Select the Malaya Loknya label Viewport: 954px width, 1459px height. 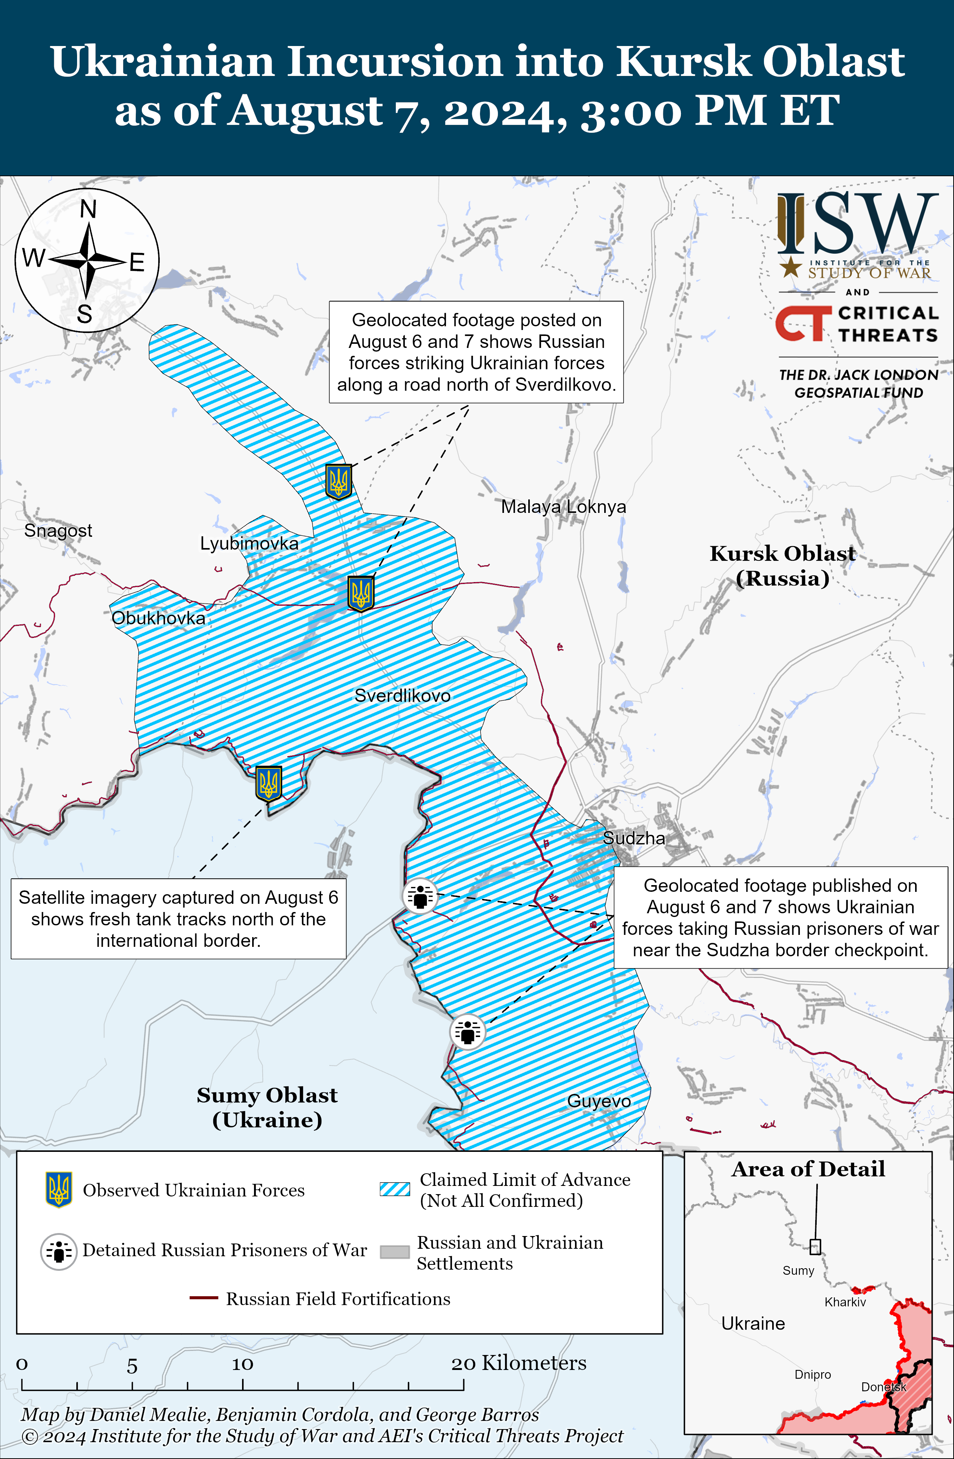pyautogui.click(x=563, y=507)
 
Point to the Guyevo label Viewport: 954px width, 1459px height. pyautogui.click(x=599, y=1101)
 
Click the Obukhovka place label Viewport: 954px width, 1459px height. pyautogui.click(x=158, y=618)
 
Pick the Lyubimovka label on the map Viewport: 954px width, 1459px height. pyautogui.click(x=249, y=543)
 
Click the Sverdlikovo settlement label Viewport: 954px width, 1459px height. pyautogui.click(x=402, y=696)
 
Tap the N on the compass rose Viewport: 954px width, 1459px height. pyautogui.click(x=88, y=209)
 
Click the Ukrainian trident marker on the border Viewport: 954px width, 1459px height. pyautogui.click(x=269, y=783)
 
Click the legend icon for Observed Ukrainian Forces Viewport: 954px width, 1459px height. pyautogui.click(x=59, y=1190)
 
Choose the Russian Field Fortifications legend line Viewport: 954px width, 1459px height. pyautogui.click(x=204, y=1299)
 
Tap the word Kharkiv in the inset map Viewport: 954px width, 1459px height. pyautogui.click(x=845, y=1302)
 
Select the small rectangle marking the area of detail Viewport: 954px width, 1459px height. pyautogui.click(x=815, y=1247)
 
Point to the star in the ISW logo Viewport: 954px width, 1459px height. pyautogui.click(x=790, y=267)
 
